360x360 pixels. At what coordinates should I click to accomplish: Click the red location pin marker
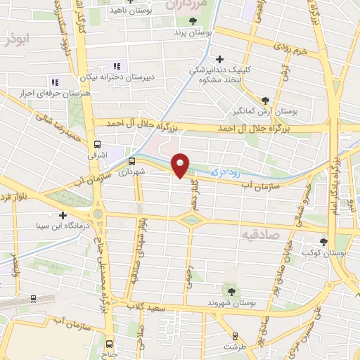click(181, 165)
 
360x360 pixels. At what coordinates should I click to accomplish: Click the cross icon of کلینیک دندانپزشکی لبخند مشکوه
click(220, 59)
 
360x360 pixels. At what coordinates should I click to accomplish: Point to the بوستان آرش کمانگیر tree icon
click(265, 101)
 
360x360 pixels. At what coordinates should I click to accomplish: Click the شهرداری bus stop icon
click(131, 161)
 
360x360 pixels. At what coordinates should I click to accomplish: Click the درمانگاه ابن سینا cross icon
click(63, 216)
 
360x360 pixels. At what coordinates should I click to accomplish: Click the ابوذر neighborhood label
click(19, 41)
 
